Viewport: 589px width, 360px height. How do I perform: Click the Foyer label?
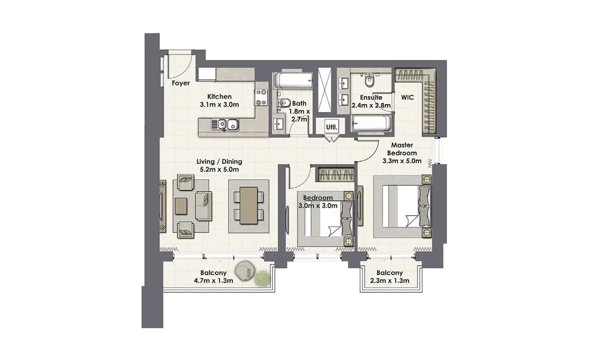coord(181,83)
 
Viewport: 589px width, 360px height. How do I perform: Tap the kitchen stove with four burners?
coord(261,97)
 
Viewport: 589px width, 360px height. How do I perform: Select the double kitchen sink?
coord(225,124)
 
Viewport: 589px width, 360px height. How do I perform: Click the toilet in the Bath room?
coord(284,103)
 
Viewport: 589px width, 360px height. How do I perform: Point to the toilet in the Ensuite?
coord(370,80)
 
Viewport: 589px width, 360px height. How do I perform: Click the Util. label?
coord(332,127)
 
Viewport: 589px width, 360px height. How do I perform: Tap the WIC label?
coord(407,97)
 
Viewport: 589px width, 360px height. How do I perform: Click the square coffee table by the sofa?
coord(181,206)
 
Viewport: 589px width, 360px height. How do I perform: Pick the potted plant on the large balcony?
coord(262,278)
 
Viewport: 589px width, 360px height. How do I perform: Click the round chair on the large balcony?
coord(245,271)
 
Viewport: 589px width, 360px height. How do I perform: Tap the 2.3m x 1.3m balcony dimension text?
coord(390,281)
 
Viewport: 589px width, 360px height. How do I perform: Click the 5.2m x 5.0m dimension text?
coord(219,169)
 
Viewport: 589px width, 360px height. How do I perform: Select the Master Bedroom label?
coord(402,149)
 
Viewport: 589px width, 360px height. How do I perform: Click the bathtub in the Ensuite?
coord(371,124)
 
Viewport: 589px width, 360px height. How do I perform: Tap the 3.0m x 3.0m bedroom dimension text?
coord(318,206)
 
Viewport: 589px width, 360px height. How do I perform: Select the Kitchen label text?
coord(219,97)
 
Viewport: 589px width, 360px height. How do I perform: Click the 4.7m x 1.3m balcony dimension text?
coord(214,281)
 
